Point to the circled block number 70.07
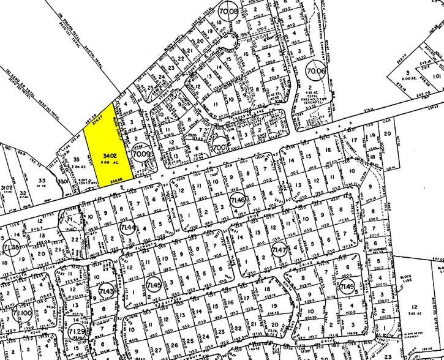click(221, 147)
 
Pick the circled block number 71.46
click(238, 200)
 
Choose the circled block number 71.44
click(129, 228)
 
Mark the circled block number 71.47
click(280, 250)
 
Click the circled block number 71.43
click(107, 291)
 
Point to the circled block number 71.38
click(10, 248)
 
